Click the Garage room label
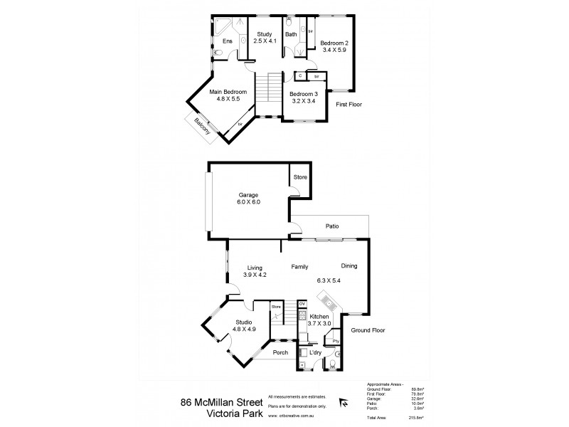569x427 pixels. point(248,194)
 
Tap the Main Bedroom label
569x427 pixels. point(228,92)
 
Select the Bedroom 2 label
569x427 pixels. point(334,43)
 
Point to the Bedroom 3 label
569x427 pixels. point(304,94)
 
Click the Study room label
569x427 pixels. point(265,33)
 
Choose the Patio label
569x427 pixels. point(331,226)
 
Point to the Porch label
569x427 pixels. point(280,351)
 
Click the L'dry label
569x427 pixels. point(315,354)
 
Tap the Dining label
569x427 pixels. point(348,266)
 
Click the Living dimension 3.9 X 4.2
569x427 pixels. point(254,275)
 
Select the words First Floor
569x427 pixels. point(349,104)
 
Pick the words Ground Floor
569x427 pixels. point(367,330)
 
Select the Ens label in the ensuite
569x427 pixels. point(227,41)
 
